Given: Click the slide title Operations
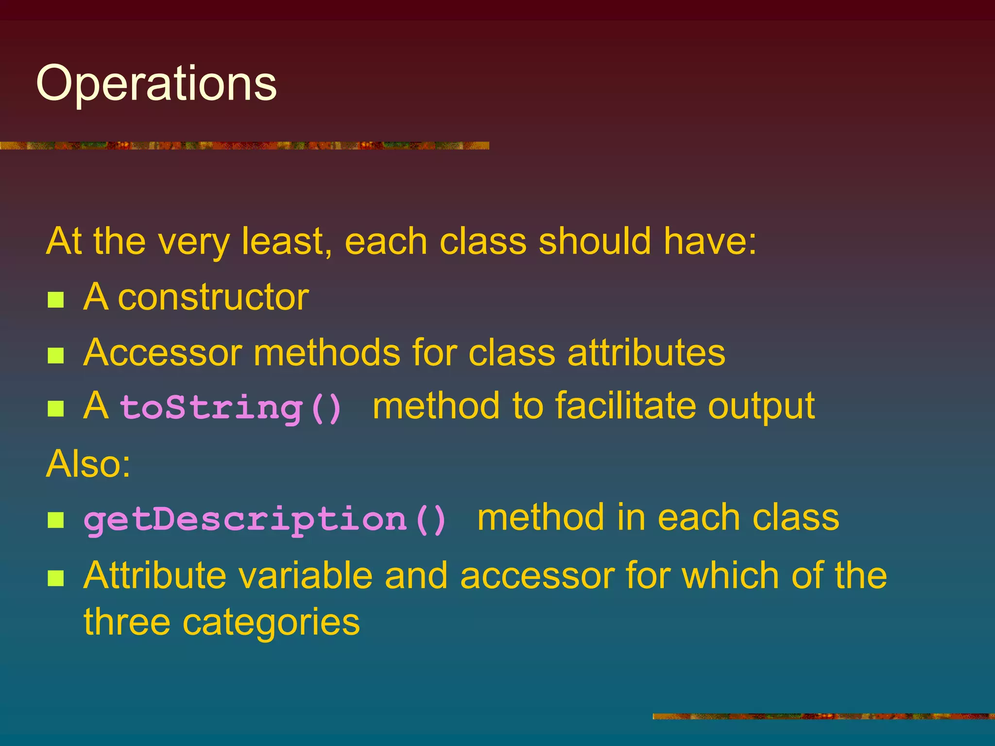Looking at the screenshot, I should [x=156, y=84].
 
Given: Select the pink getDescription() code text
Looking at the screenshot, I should [x=265, y=519].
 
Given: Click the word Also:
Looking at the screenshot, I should [x=88, y=464].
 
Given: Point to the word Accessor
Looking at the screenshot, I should [x=162, y=352].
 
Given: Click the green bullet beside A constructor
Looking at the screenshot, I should [x=56, y=300].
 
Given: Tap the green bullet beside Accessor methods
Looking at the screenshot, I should [x=56, y=356].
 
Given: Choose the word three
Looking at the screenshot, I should [x=126, y=622].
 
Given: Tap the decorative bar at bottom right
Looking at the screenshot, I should [x=823, y=716].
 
